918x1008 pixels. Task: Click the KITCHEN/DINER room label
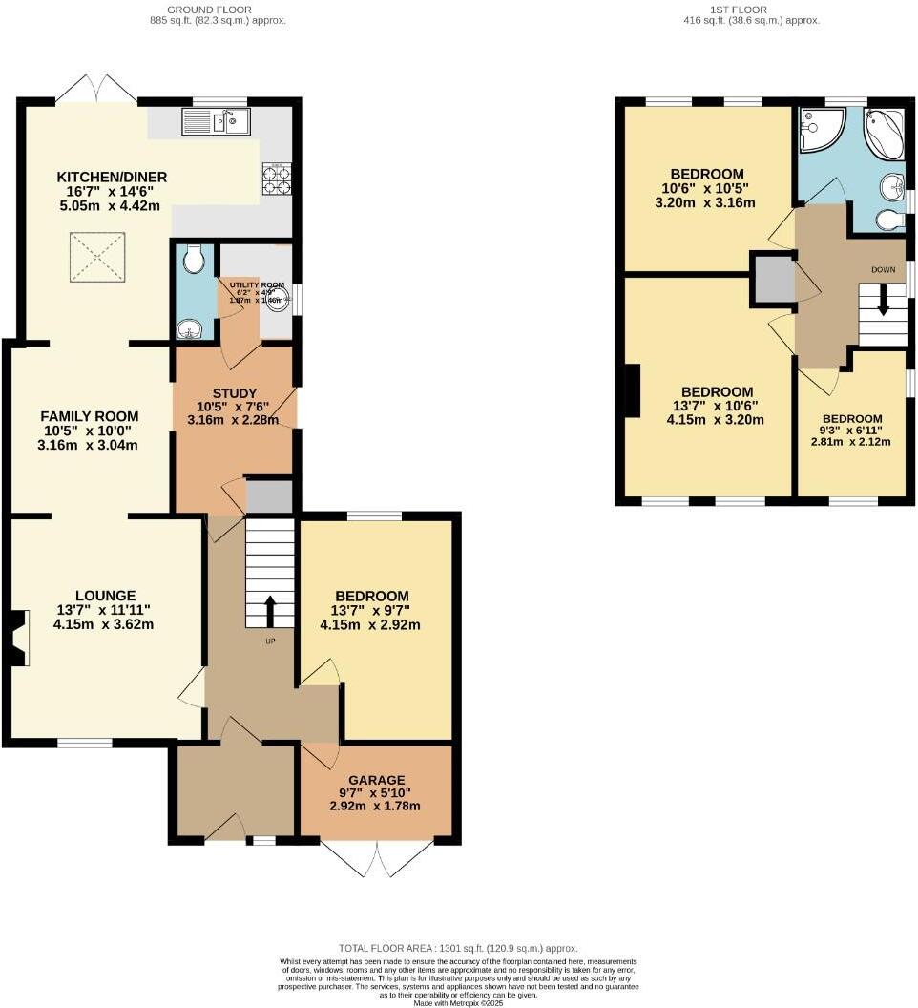(112, 177)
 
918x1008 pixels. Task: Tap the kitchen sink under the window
(216, 121)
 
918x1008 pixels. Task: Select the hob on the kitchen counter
(276, 179)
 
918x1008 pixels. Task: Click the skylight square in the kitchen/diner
(94, 257)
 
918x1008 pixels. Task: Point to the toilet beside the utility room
(194, 258)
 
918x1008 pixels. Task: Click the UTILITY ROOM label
(256, 284)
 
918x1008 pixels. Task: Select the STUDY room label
(234, 393)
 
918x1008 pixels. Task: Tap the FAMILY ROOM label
(89, 416)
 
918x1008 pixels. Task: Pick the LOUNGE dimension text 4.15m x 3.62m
(104, 625)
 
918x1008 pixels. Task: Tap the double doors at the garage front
(378, 857)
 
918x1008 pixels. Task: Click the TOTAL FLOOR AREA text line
(458, 948)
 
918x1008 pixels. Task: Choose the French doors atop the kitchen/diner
(95, 88)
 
